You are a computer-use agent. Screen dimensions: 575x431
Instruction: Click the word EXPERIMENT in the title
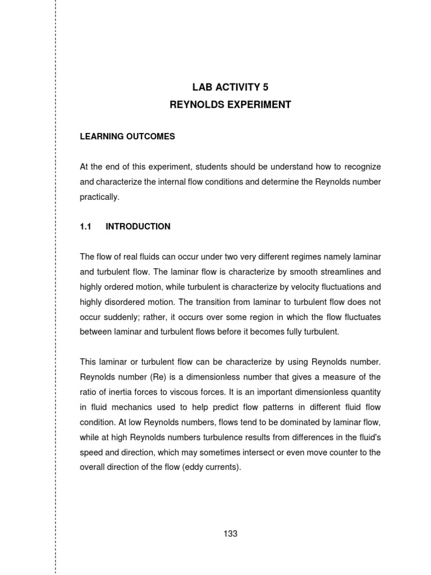(x=260, y=105)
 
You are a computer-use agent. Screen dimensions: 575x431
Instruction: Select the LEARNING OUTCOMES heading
(x=127, y=136)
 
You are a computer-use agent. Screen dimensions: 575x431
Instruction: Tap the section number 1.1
(x=85, y=227)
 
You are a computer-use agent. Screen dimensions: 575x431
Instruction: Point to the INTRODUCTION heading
(x=138, y=227)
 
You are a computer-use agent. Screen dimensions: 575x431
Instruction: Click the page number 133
(x=230, y=534)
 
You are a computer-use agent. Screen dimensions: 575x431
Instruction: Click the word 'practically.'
(x=100, y=197)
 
